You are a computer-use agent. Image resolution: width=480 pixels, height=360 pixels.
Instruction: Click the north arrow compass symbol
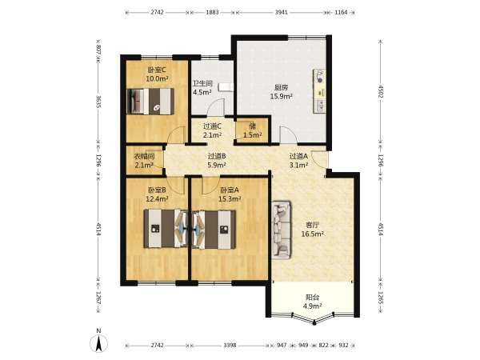click(98, 343)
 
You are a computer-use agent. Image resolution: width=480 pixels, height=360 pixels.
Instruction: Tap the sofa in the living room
click(281, 230)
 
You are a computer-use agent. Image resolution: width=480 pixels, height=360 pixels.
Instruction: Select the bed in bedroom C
click(150, 102)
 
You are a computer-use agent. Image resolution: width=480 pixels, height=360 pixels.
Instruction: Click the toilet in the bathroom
click(226, 87)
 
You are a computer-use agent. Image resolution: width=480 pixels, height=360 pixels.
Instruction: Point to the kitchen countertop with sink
click(319, 91)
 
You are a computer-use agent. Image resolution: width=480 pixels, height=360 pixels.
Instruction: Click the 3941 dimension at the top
click(282, 12)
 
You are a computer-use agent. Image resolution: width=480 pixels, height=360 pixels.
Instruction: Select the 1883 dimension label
click(212, 12)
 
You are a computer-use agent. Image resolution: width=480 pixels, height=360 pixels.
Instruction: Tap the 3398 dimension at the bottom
click(230, 346)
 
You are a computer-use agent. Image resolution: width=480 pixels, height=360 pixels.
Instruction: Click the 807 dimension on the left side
click(98, 50)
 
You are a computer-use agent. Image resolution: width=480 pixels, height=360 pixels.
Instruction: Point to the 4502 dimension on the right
click(381, 91)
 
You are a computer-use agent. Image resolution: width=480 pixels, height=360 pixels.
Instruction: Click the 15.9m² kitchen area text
click(281, 97)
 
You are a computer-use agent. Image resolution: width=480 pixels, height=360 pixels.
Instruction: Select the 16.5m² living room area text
click(313, 234)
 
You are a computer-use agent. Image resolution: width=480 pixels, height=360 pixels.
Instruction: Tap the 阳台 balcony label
click(313, 298)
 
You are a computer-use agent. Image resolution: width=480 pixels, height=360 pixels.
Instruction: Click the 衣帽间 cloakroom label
click(144, 157)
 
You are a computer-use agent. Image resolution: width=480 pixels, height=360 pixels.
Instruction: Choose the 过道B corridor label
click(217, 156)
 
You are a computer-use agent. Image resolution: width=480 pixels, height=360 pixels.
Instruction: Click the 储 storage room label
click(253, 126)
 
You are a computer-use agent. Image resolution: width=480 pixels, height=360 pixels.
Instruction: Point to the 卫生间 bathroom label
click(202, 83)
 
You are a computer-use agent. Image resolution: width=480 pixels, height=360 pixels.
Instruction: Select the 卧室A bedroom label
click(230, 190)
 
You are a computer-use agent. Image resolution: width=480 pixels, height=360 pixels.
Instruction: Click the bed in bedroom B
click(166, 228)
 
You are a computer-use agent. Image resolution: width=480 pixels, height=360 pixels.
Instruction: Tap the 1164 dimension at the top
click(341, 12)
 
